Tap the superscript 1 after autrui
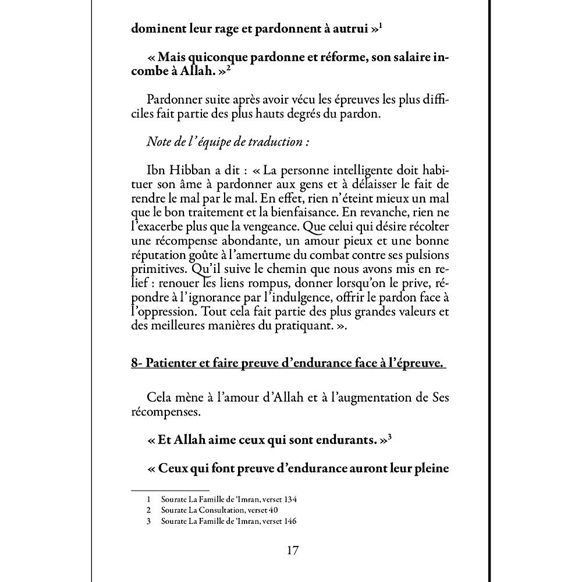pyautogui.click(x=380, y=27)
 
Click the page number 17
pyautogui.click(x=293, y=550)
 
